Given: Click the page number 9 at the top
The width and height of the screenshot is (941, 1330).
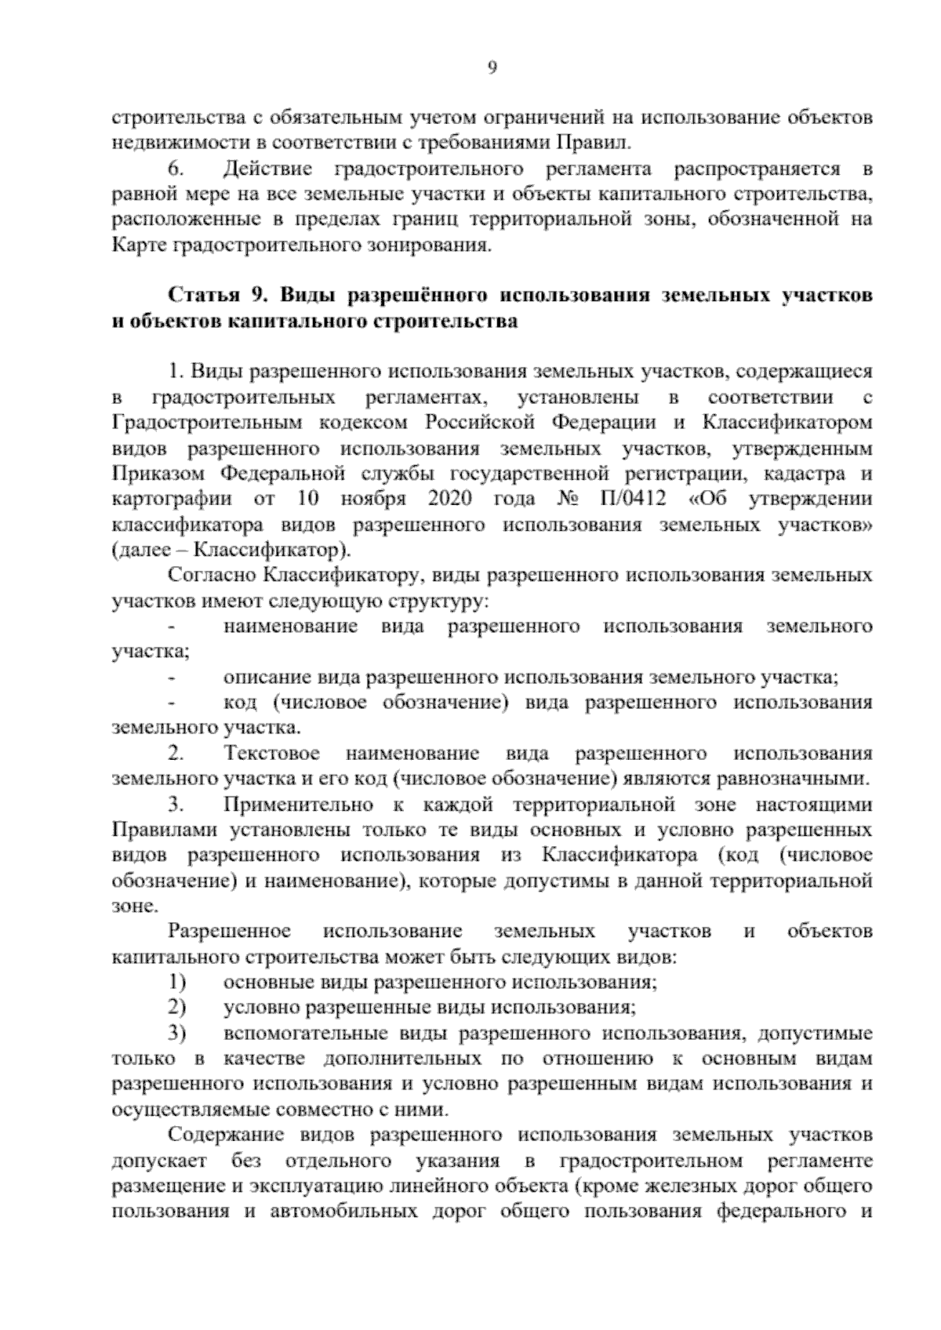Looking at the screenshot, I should click(492, 67).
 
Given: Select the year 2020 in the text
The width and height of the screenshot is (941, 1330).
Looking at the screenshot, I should click(450, 499).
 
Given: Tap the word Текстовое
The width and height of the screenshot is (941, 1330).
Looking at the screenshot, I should click(272, 754).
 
